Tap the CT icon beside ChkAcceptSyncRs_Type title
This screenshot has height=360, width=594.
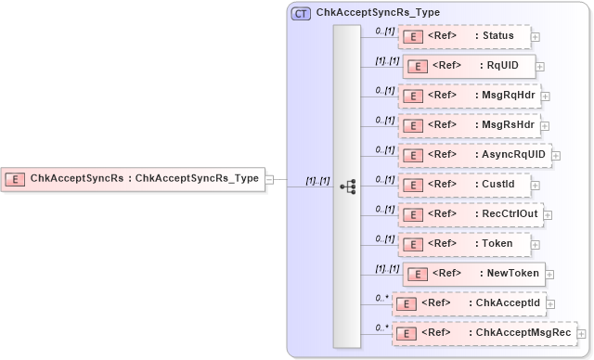(302, 14)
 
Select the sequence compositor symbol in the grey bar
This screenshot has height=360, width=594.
(348, 186)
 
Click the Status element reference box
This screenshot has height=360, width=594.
(464, 36)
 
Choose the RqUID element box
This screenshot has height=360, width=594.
(469, 66)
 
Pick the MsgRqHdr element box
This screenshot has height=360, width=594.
(468, 95)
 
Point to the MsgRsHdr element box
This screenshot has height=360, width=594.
(468, 124)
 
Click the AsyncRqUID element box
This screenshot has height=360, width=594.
(473, 154)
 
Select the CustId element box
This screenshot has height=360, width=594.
(464, 184)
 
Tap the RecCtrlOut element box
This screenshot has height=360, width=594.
(471, 213)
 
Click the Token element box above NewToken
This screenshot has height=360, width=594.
(464, 243)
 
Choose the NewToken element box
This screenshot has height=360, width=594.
(474, 273)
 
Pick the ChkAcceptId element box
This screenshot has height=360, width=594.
(470, 302)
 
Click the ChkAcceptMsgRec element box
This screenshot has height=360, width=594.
(483, 332)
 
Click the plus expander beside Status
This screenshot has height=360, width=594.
(536, 37)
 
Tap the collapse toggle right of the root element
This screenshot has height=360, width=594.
(269, 179)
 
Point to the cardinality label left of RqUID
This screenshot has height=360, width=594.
(386, 61)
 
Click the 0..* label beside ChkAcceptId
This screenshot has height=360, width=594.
(381, 298)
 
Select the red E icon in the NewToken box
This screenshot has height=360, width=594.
(418, 274)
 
